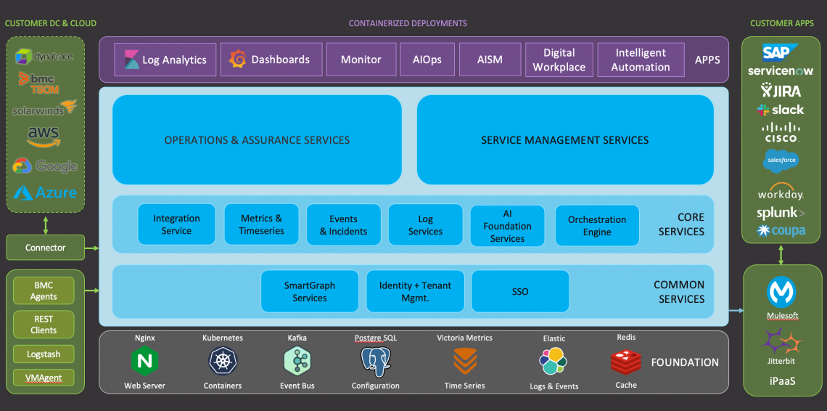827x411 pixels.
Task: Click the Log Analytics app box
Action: pos(165,60)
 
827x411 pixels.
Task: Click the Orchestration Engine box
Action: pos(597,226)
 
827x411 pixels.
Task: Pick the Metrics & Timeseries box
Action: pos(262,224)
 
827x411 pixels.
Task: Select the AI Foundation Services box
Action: pos(507,226)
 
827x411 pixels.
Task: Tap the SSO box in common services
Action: pos(520,291)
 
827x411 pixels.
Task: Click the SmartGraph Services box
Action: pos(310,291)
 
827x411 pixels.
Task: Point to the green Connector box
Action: pos(45,248)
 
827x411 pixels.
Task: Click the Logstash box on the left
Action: pos(44,354)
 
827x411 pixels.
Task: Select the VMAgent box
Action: pos(44,378)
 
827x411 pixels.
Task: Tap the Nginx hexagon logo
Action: pos(144,361)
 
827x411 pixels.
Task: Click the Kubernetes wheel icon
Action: pos(223,361)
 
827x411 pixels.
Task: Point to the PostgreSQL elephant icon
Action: pos(375,361)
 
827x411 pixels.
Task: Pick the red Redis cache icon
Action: pos(625,361)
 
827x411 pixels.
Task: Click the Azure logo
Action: pos(45,193)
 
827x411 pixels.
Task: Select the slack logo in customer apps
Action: pos(781,110)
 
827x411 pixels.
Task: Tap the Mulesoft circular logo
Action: pos(781,292)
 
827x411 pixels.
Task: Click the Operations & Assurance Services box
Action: pos(257,139)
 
